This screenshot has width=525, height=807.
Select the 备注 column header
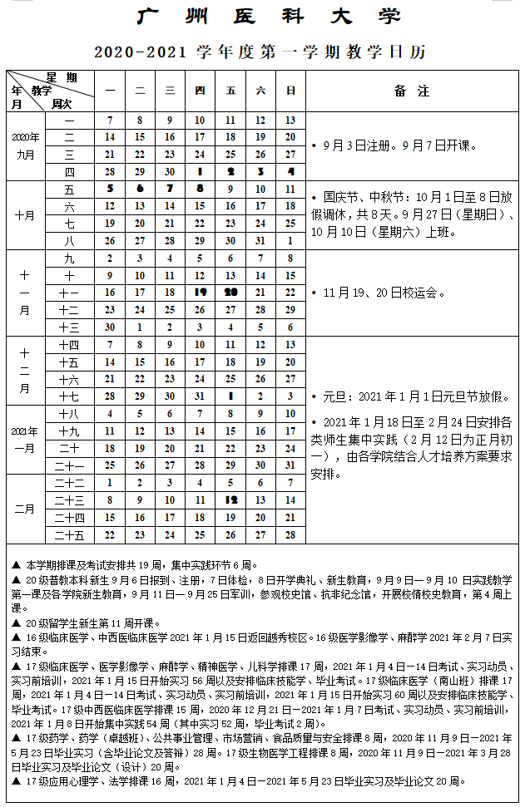click(412, 91)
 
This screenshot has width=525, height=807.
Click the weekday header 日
click(290, 91)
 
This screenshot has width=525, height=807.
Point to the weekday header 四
click(200, 91)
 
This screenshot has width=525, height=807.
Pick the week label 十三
click(69, 327)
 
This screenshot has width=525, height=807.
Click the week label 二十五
click(69, 535)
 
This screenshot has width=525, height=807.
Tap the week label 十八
click(69, 414)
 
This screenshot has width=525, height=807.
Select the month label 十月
click(25, 215)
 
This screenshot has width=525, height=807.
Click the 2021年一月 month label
click(25, 440)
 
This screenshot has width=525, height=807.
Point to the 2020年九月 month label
click(25, 145)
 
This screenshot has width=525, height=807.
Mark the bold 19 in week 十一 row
click(200, 293)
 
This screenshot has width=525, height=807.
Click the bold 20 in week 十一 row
click(230, 293)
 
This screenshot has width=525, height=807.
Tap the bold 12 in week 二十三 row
click(230, 500)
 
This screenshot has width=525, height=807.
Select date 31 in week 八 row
click(260, 240)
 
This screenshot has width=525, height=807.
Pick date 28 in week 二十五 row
click(290, 535)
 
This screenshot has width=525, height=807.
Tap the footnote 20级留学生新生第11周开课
click(88, 622)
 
